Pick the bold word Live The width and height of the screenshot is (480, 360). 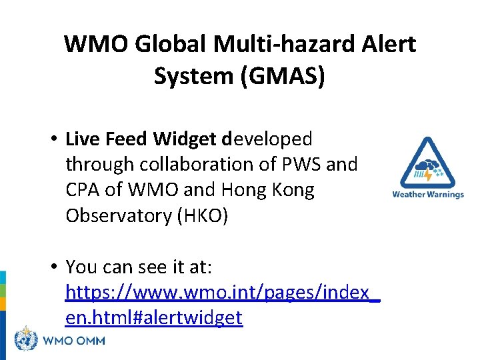(x=82, y=139)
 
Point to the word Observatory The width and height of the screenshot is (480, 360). (x=117, y=216)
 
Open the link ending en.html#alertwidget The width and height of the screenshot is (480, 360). (x=154, y=318)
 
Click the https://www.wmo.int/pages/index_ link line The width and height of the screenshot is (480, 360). (x=223, y=292)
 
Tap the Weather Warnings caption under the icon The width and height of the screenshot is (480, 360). (x=427, y=195)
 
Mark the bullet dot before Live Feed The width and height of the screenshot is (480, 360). (x=51, y=139)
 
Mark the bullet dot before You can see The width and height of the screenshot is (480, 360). (x=51, y=267)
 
